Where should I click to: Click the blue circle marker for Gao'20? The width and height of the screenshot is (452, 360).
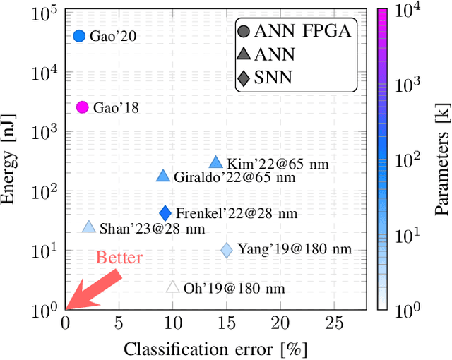pos(79,36)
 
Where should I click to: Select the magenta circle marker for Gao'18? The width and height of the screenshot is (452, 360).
pos(82,107)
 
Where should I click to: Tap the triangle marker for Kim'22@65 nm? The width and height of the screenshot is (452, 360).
pos(216,162)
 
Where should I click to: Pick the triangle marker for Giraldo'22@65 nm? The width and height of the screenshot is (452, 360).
pos(163,176)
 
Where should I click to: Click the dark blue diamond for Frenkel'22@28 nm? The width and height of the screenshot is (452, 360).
pos(165,213)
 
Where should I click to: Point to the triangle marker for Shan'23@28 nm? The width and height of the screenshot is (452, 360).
pos(88,227)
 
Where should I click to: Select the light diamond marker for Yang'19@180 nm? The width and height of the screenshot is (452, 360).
pos(227,250)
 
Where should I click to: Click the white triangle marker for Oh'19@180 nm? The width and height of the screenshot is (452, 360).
pos(172,287)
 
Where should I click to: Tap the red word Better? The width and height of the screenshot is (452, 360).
pos(119,258)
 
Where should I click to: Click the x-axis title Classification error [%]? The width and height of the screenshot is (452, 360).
pos(215,349)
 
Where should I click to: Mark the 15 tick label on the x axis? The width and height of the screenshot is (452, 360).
pos(227,324)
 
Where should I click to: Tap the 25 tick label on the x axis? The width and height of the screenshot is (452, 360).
pos(333,324)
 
